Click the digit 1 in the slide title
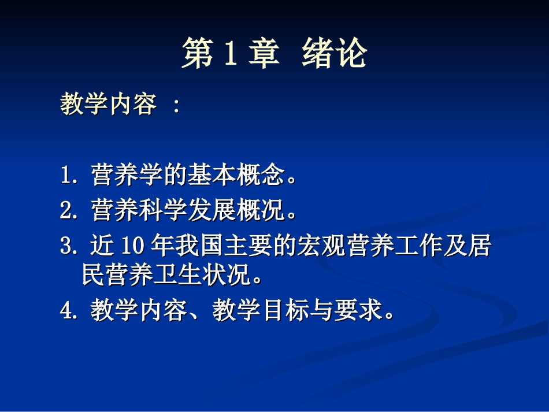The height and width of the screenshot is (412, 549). coord(228,55)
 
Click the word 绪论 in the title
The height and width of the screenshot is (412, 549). coord(334,55)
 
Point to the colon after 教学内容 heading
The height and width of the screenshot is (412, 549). coord(176,106)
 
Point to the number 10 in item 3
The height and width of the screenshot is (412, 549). coord(131,247)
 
